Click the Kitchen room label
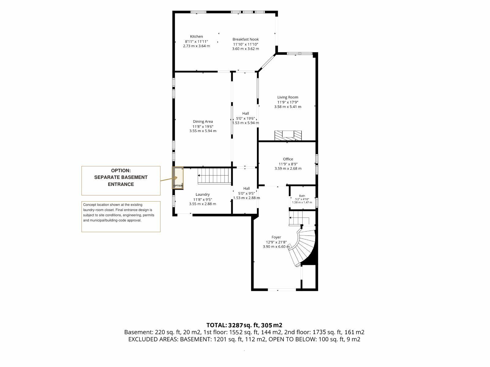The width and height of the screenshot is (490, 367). pyautogui.click(x=196, y=36)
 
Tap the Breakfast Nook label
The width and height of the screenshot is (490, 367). pyautogui.click(x=246, y=39)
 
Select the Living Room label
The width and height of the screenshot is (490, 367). pyautogui.click(x=288, y=97)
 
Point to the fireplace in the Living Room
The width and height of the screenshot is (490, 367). pyautogui.click(x=288, y=135)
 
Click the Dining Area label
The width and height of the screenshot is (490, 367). pyautogui.click(x=203, y=121)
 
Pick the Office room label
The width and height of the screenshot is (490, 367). pyautogui.click(x=288, y=159)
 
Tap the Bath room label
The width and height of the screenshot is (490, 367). pyautogui.click(x=302, y=196)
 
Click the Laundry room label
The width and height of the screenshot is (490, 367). pyautogui.click(x=202, y=194)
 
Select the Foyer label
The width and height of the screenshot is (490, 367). pyautogui.click(x=276, y=237)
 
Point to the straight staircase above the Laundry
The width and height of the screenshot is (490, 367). pyautogui.click(x=214, y=176)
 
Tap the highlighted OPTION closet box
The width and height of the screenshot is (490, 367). pyautogui.click(x=178, y=178)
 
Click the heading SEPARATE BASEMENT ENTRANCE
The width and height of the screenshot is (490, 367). pyautogui.click(x=121, y=181)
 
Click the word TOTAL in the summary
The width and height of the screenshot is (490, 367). pyautogui.click(x=216, y=325)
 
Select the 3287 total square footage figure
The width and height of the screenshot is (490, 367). pyautogui.click(x=236, y=325)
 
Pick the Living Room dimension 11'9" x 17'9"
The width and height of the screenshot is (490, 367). pyautogui.click(x=288, y=102)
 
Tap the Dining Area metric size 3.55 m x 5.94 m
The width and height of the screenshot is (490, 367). pyautogui.click(x=203, y=131)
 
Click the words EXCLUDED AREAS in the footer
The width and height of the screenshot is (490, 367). pyautogui.click(x=154, y=339)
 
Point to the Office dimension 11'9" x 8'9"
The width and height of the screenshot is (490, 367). pyautogui.click(x=288, y=164)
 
